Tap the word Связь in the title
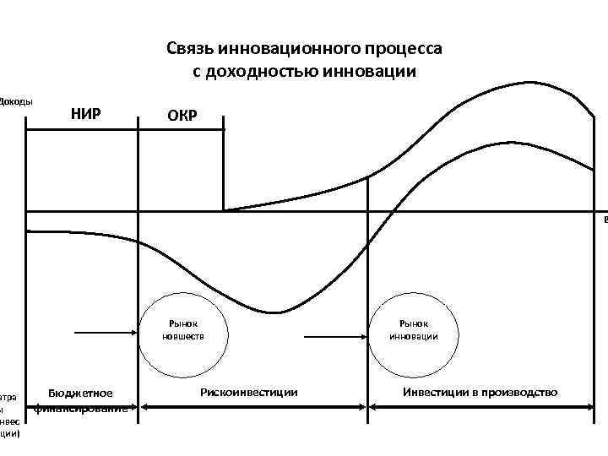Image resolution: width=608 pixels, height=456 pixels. point(193,48)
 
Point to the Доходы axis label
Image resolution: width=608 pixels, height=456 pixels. point(16,102)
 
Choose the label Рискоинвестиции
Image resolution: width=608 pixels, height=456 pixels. point(249,392)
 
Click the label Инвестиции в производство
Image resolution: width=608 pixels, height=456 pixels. point(480,392)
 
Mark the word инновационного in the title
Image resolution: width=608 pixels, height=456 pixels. point(302,48)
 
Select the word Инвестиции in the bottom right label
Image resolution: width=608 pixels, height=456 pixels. point(434,392)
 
